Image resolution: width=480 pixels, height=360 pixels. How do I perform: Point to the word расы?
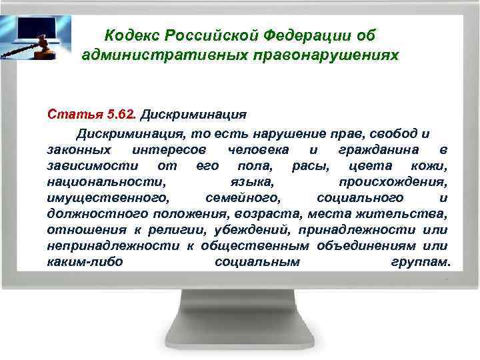coord(309,164)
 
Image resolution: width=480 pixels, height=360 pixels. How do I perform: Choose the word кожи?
coord(431,164)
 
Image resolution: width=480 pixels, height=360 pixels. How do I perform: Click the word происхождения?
coord(393,181)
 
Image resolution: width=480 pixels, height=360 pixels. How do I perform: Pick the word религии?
coord(169,230)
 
